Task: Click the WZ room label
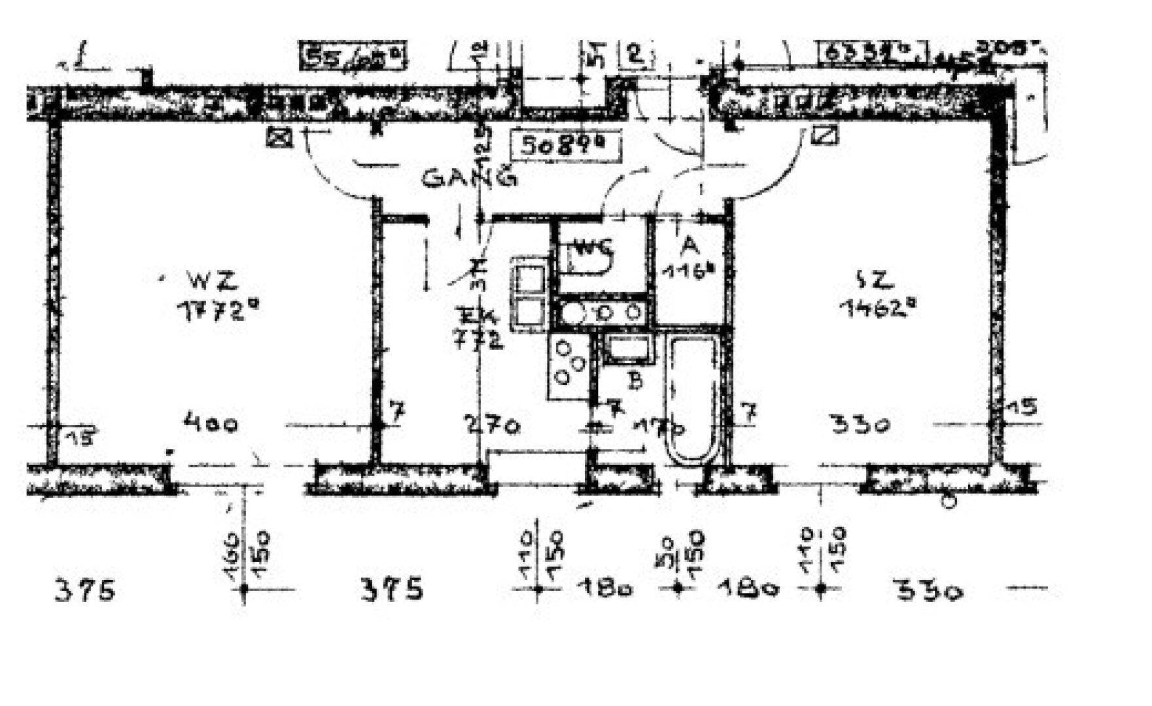click(211, 281)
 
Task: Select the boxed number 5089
click(565, 145)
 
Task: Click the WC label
click(594, 248)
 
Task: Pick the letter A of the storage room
click(688, 246)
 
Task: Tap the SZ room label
click(875, 280)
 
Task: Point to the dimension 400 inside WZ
click(211, 425)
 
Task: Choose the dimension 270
click(493, 426)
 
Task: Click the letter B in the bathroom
click(635, 380)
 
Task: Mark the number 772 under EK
click(480, 340)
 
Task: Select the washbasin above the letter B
click(627, 348)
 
